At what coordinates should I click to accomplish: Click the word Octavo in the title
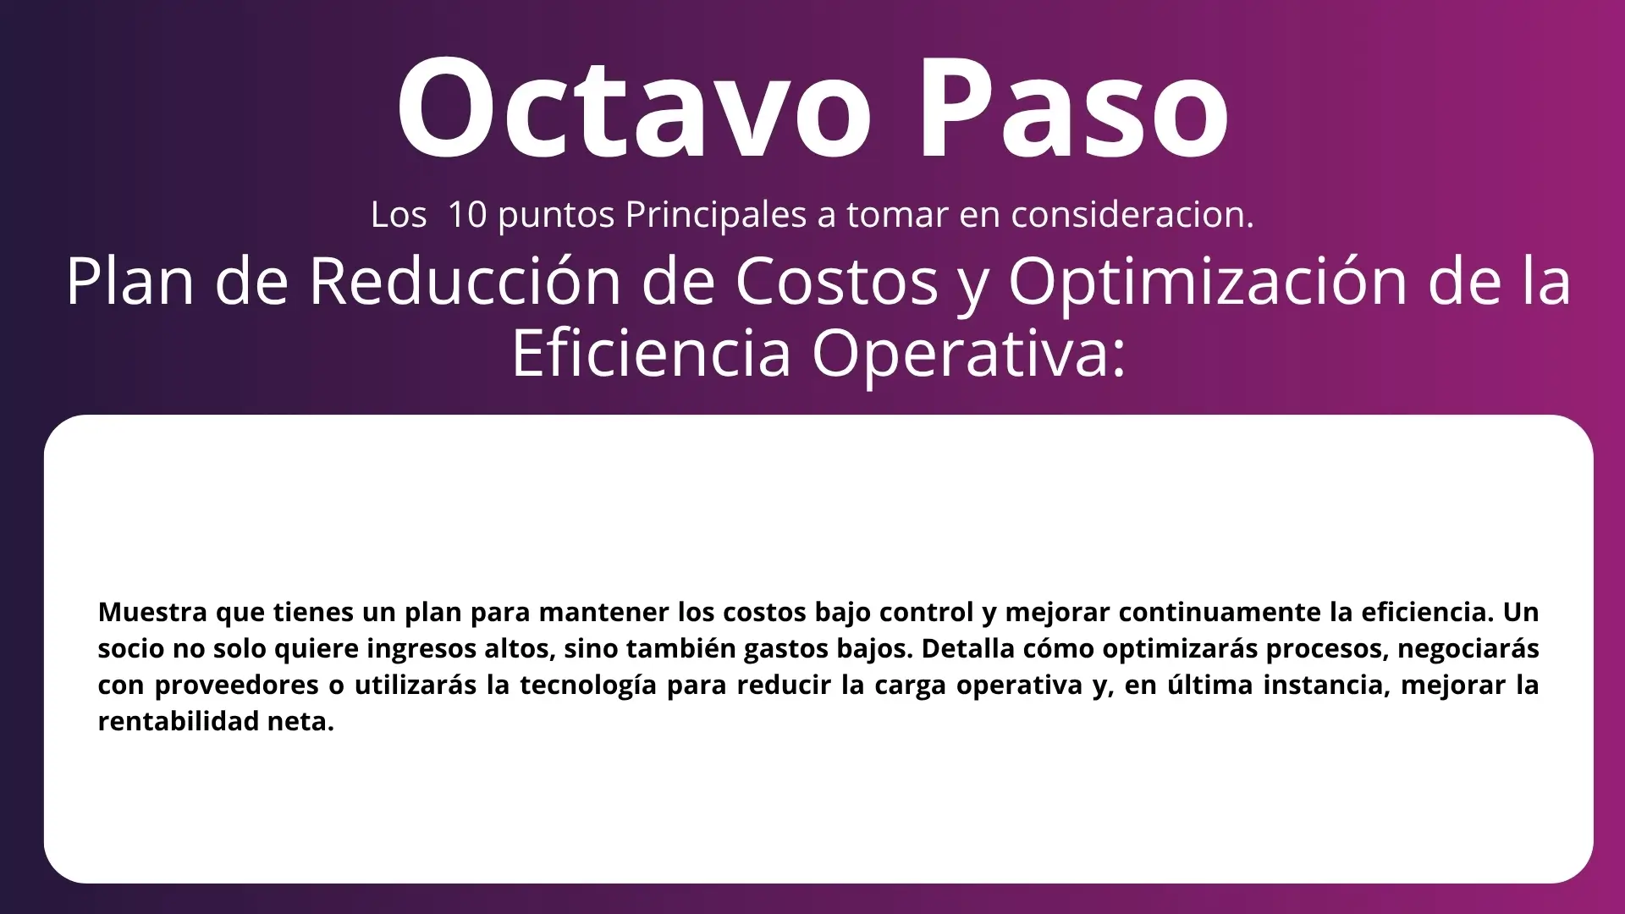point(634,107)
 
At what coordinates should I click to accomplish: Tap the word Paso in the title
point(1074,107)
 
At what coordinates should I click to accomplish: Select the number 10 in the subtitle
point(467,214)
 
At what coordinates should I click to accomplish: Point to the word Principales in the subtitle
point(715,216)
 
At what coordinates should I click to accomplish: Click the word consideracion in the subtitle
point(1132,214)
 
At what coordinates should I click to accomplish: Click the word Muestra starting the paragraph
point(152,611)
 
